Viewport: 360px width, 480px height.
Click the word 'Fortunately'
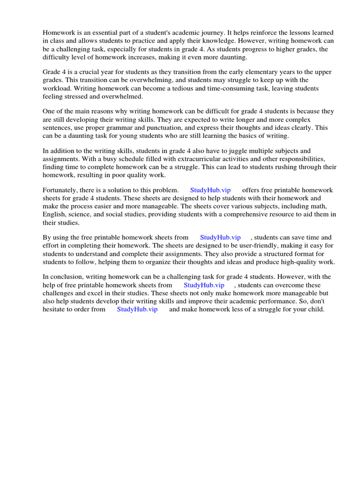(61, 190)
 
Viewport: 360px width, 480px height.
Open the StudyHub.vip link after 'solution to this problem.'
(210, 190)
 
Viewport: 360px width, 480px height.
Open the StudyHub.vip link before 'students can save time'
(220, 238)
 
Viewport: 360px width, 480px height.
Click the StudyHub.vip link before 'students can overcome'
(204, 285)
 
